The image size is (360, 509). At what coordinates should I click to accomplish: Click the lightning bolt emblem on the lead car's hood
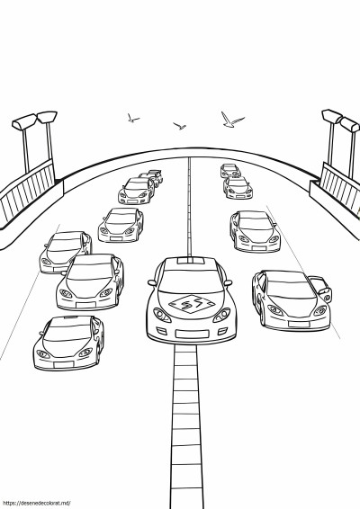pos(192,304)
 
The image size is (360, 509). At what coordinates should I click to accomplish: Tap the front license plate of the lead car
pos(192,334)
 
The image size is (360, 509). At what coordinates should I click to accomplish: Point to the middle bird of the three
pos(180,126)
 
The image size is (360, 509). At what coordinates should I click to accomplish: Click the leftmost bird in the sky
pos(132,118)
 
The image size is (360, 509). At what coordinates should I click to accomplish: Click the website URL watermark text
pos(35,504)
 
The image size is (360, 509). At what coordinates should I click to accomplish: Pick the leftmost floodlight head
pos(23,121)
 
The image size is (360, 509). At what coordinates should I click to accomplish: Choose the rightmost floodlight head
pos(350,125)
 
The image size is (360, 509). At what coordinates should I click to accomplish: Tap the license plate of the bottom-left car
pos(64,365)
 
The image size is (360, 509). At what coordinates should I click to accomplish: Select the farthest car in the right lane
pos(230,171)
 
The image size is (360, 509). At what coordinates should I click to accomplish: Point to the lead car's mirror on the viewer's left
pos(152,282)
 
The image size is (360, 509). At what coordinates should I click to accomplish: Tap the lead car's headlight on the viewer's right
pos(222,315)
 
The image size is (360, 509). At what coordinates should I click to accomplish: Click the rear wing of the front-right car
pos(321,288)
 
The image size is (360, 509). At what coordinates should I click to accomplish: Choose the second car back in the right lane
pos(238,188)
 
